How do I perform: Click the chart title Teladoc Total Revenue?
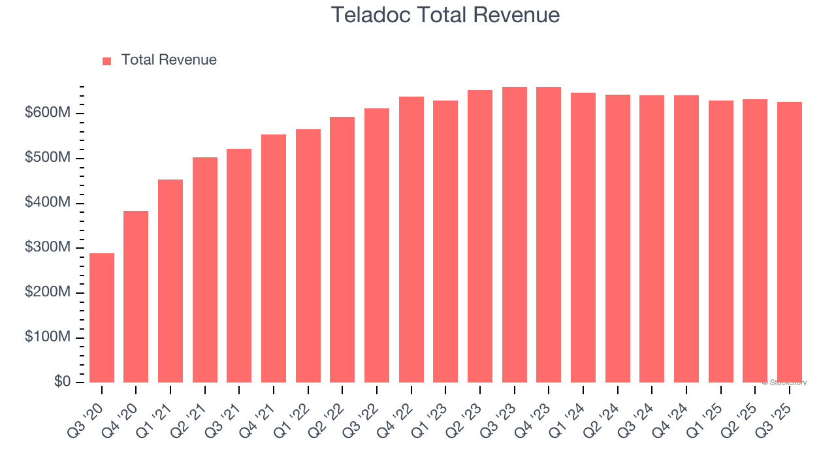click(x=445, y=15)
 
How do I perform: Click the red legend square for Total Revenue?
click(x=107, y=61)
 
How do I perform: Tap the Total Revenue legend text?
click(x=169, y=60)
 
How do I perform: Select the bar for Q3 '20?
click(x=102, y=318)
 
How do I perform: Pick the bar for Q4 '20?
click(x=136, y=296)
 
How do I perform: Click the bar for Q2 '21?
click(x=205, y=270)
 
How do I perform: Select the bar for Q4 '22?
click(x=411, y=240)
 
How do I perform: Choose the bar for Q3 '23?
click(x=515, y=234)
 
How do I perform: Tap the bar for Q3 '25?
click(x=790, y=242)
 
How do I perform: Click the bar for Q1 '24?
click(x=583, y=238)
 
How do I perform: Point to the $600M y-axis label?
click(x=48, y=114)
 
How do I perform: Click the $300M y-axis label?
click(x=48, y=248)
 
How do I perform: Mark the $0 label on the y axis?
click(x=62, y=382)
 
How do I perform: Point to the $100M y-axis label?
click(x=48, y=337)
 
